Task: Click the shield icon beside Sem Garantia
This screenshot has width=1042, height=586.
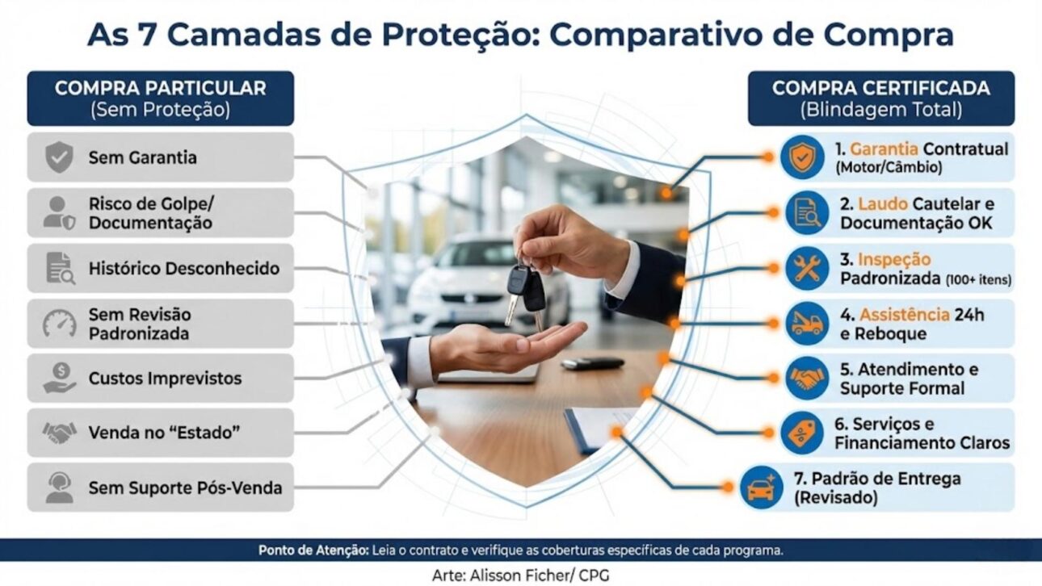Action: (59, 157)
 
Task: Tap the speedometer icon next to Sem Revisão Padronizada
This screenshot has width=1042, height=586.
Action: (59, 324)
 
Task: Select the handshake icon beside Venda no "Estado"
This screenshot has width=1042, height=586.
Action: (59, 433)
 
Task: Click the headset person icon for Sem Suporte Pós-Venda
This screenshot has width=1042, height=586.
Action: (59, 488)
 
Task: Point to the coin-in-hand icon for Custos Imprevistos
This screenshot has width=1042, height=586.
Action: (59, 378)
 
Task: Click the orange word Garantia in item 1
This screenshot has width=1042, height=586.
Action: (884, 149)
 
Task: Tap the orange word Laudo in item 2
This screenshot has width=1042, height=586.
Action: (879, 204)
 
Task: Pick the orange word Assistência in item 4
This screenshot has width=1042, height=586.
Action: (904, 315)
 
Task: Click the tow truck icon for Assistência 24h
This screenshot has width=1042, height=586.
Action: (807, 323)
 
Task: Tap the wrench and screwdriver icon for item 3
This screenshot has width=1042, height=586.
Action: (807, 268)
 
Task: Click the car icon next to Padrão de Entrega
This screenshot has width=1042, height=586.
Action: (762, 488)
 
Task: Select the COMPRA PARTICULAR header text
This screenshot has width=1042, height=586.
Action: (160, 88)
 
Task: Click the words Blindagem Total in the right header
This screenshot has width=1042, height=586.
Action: (880, 110)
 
